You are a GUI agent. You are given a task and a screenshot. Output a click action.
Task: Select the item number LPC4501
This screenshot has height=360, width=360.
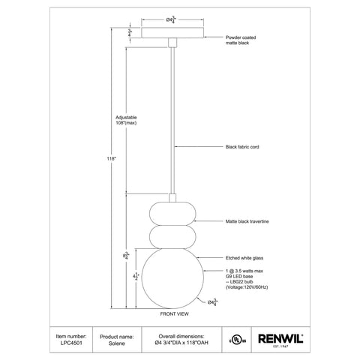pyautogui.click(x=71, y=344)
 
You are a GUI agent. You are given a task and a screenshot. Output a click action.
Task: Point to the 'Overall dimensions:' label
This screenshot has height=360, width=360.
pyautogui.click(x=178, y=336)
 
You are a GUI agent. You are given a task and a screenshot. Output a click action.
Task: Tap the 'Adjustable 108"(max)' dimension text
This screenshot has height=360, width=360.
pyautogui.click(x=127, y=121)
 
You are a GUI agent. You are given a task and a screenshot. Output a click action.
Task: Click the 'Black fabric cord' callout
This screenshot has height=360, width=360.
pyautogui.click(x=242, y=148)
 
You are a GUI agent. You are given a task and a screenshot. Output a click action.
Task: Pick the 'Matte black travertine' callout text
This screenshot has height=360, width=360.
pyautogui.click(x=247, y=222)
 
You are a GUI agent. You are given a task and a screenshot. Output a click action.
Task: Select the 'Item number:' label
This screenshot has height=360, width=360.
pyautogui.click(x=71, y=336)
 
